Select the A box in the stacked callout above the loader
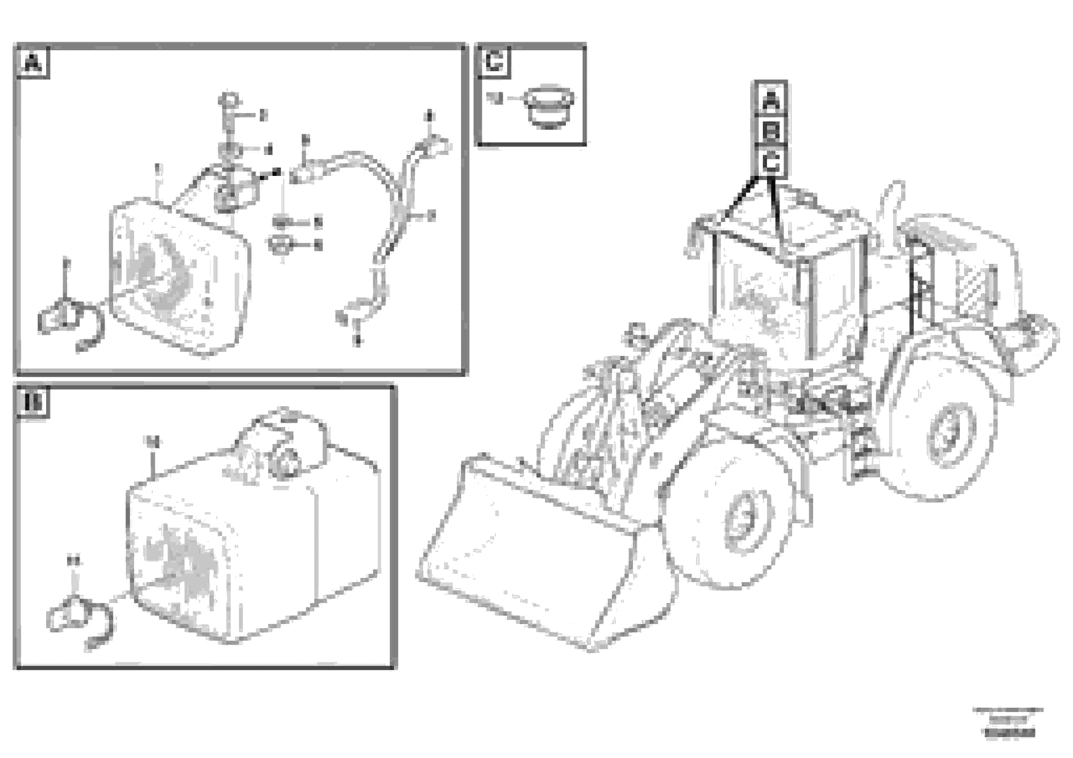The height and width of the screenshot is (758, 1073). click(771, 100)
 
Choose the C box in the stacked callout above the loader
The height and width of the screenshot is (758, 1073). click(771, 163)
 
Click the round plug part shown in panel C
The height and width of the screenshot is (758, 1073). click(549, 107)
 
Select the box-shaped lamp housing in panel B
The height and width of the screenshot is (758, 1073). click(252, 537)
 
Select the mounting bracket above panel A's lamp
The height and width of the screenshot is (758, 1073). click(234, 187)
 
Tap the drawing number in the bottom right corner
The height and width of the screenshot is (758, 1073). click(1010, 734)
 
